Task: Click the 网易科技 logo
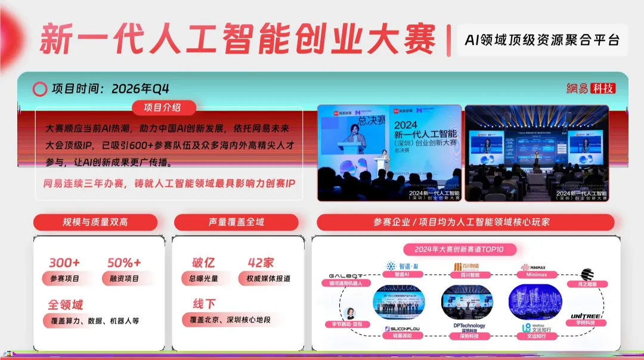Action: [x=590, y=88]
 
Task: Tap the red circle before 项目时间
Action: [x=39, y=89]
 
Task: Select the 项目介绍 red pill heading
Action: [x=162, y=107]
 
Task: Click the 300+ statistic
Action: [x=64, y=263]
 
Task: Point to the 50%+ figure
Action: [x=124, y=263]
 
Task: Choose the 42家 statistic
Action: [x=261, y=263]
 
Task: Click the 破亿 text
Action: [x=203, y=263]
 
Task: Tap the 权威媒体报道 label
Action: [x=264, y=278]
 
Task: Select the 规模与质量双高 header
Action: [x=95, y=222]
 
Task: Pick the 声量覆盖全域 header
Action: [x=236, y=222]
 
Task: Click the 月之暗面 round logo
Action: [x=587, y=274]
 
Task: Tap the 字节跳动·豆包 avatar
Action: [x=350, y=314]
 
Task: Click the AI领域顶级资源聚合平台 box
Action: [x=542, y=40]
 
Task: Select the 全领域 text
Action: [x=65, y=305]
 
